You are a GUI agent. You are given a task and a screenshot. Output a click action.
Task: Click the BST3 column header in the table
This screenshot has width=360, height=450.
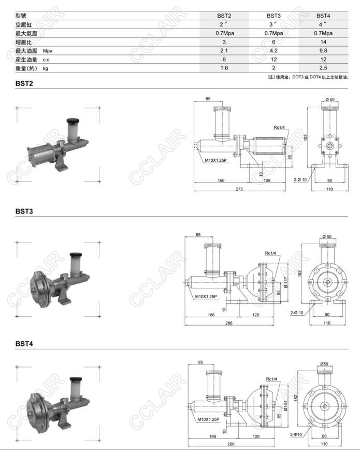click(273, 16)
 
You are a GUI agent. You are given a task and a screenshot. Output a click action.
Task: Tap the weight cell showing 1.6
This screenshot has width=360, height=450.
click(224, 68)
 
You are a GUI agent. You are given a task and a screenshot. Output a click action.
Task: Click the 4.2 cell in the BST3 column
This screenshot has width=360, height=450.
click(273, 51)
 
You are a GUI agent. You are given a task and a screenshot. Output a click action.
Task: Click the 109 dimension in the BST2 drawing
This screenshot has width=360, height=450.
click(267, 180)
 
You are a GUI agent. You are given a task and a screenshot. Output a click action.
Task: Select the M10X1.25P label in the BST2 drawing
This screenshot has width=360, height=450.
click(215, 160)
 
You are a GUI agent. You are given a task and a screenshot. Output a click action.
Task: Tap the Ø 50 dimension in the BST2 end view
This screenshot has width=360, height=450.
click(329, 100)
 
